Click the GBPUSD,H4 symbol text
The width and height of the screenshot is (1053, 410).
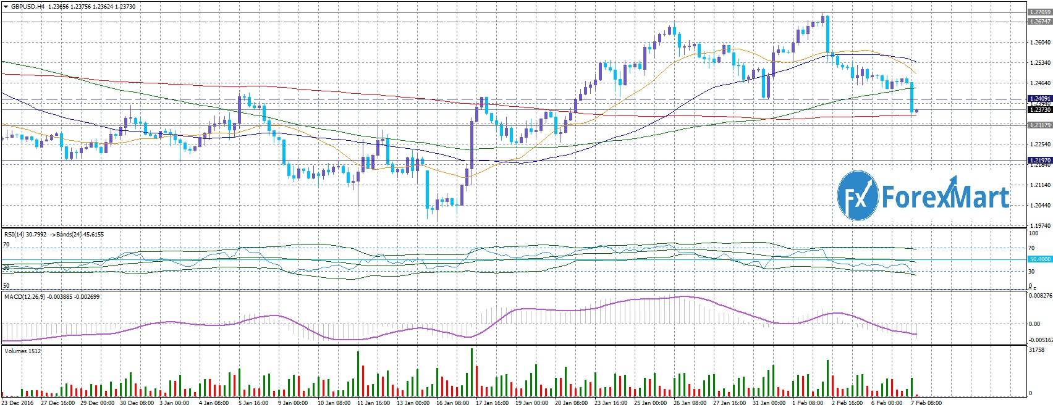tap(26, 7)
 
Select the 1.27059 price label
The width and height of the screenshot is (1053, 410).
tap(1039, 12)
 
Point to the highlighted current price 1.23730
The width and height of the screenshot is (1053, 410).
tap(1039, 110)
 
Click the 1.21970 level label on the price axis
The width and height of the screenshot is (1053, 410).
tap(1039, 161)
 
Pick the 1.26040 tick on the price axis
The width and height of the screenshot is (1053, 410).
tap(1039, 42)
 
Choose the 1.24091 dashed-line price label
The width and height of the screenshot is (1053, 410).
tap(1039, 98)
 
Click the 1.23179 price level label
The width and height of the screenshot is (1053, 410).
tap(1039, 125)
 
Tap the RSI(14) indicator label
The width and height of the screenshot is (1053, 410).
tap(17, 235)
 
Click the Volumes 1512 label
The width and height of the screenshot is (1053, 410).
tap(23, 351)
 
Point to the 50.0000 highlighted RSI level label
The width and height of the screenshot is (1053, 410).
tap(1039, 259)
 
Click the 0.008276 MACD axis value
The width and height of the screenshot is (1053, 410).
tap(1039, 296)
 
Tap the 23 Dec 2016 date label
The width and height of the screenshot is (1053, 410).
tap(17, 403)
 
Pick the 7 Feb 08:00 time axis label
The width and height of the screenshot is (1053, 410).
tap(925, 403)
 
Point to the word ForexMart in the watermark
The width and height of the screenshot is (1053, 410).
tap(945, 196)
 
